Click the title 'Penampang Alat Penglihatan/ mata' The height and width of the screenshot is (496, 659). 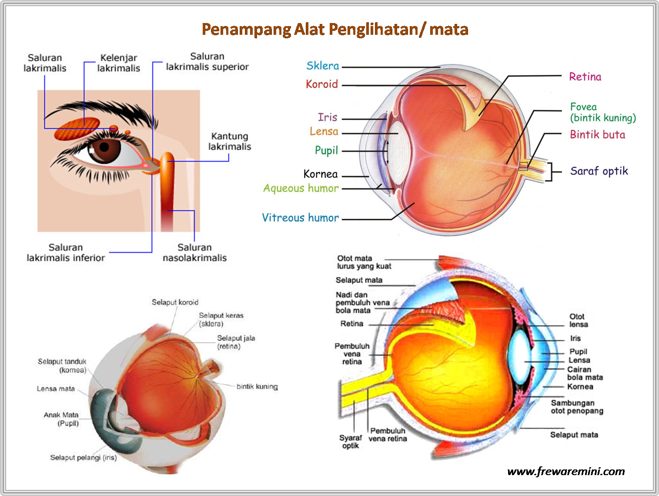coord(335,29)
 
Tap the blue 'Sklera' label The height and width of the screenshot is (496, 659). coord(322,66)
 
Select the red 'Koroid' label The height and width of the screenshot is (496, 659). coord(321,84)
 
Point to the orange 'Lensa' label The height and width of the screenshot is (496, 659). coord(324,131)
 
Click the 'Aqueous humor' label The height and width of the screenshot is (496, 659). coord(301,188)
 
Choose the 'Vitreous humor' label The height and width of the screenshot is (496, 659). coord(300,218)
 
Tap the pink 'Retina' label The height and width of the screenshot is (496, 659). coord(585,77)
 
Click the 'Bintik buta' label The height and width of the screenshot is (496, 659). coord(597,135)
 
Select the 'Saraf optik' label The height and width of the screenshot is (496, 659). coord(599,171)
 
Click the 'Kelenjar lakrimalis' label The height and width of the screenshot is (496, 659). coord(118,63)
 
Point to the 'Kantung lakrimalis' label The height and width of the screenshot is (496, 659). coord(230,141)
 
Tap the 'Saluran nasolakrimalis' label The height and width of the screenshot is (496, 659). coord(194,253)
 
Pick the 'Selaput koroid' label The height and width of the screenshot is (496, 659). coord(175,302)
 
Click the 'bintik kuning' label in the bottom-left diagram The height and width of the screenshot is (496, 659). coord(257,386)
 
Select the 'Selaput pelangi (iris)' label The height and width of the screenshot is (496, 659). coord(83,458)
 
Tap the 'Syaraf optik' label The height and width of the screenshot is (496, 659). coord(350,442)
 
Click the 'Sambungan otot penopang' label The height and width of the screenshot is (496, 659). coord(577,407)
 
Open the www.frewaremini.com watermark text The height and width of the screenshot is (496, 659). coord(565,472)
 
